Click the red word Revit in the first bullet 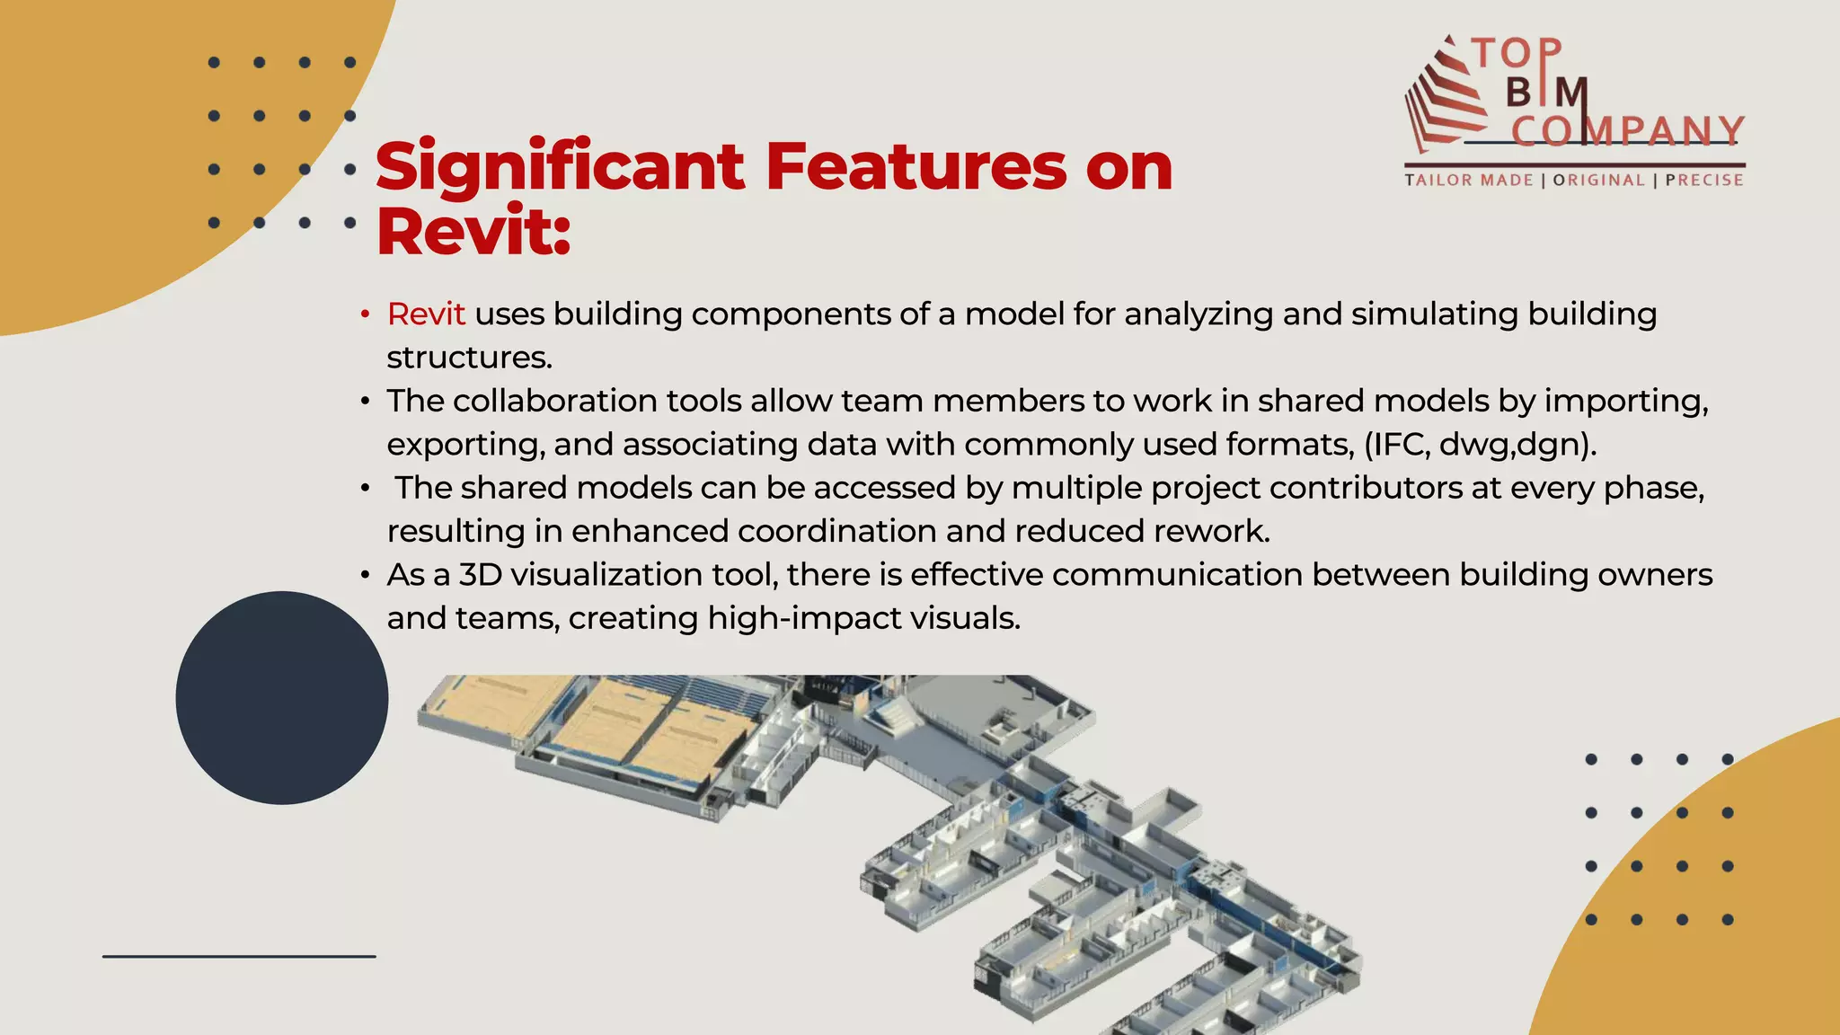click(x=426, y=314)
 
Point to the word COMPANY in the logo click(x=1627, y=131)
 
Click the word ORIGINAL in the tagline click(x=1598, y=180)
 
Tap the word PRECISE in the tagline click(x=1704, y=180)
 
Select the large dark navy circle click(x=282, y=698)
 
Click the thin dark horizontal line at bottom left click(x=239, y=957)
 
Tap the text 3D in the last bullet click(x=481, y=575)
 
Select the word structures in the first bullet click(x=468, y=358)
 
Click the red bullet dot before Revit click(x=365, y=315)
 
